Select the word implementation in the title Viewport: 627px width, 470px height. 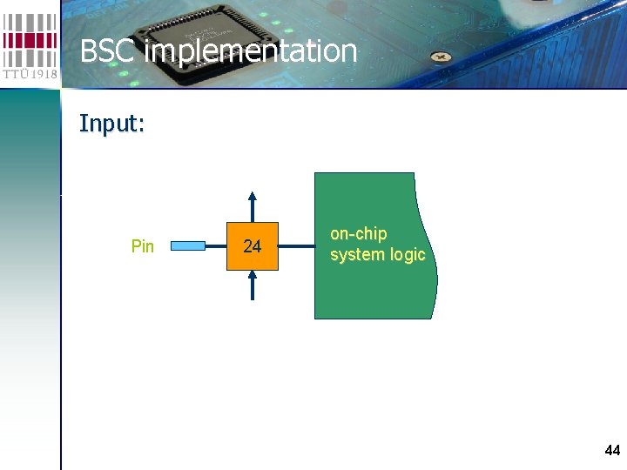pos(251,51)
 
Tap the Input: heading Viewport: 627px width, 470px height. pos(111,124)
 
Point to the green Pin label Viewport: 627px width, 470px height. pos(142,246)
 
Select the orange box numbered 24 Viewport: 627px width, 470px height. pos(253,246)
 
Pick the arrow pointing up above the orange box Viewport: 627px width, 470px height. pos(253,205)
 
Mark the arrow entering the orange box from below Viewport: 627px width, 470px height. pos(253,285)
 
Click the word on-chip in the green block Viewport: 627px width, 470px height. pos(358,234)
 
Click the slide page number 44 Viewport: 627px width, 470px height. pos(612,450)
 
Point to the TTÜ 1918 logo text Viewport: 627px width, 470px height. pos(30,75)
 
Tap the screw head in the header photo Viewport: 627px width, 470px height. pos(442,57)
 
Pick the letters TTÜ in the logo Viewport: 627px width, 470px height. pos(15,75)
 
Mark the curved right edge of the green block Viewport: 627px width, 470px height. pos(433,252)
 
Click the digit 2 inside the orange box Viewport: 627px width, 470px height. pos(247,246)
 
